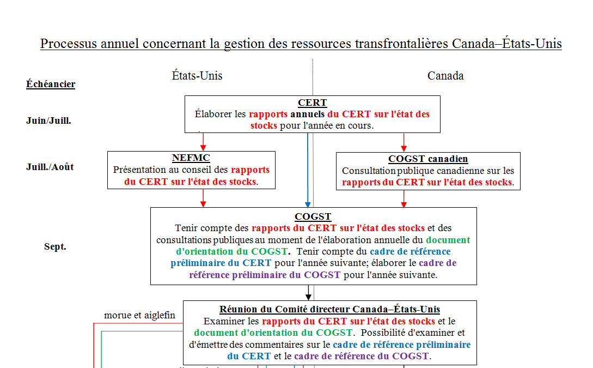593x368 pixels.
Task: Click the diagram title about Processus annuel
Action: click(301, 44)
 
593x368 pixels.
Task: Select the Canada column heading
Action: click(445, 76)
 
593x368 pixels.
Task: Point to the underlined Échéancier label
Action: click(51, 84)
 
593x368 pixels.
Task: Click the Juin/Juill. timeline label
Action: click(48, 120)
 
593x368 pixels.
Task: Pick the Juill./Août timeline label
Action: click(50, 167)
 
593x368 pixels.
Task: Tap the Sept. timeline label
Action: click(55, 246)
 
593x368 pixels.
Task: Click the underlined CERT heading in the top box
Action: click(312, 103)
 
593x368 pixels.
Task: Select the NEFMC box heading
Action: click(191, 158)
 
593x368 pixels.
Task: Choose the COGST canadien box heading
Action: click(428, 159)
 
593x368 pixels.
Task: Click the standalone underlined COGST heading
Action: click(313, 216)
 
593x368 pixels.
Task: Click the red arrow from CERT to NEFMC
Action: click(203, 142)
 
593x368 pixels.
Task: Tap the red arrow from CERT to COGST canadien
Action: click(404, 142)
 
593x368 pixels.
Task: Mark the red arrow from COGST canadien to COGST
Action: click(404, 199)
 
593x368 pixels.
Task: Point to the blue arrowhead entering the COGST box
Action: click(308, 203)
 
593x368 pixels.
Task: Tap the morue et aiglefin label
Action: click(140, 315)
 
